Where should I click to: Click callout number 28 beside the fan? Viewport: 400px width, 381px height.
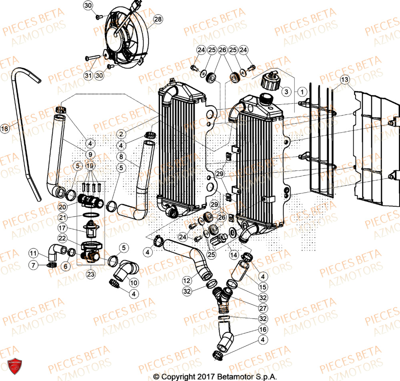(158, 19)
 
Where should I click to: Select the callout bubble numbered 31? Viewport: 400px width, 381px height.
(88, 76)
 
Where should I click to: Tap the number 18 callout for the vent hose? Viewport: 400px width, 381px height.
(4, 129)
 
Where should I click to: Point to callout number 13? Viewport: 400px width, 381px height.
(345, 80)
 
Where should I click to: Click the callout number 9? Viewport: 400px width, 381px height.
(90, 154)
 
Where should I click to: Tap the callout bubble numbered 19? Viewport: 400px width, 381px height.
(90, 165)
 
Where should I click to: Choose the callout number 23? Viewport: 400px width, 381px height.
(90, 275)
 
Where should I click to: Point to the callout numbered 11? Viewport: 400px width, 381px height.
(33, 253)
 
